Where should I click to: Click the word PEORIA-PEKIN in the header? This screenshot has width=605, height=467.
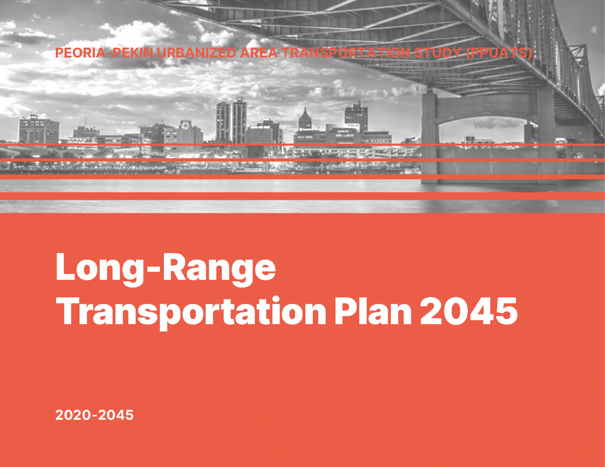(x=104, y=53)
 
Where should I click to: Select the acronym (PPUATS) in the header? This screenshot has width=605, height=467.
(x=499, y=53)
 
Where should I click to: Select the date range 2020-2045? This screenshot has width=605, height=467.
(x=95, y=415)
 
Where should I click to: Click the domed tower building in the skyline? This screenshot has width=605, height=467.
(x=305, y=120)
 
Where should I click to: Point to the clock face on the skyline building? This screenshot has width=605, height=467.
(x=185, y=126)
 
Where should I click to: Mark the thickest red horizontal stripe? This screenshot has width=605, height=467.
(x=302, y=196)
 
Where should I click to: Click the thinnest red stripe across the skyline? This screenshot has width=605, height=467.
(x=302, y=145)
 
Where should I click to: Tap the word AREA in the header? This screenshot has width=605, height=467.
(x=259, y=53)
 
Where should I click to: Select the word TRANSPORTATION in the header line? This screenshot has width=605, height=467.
(x=346, y=53)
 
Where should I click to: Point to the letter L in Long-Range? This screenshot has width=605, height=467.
(x=65, y=267)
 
